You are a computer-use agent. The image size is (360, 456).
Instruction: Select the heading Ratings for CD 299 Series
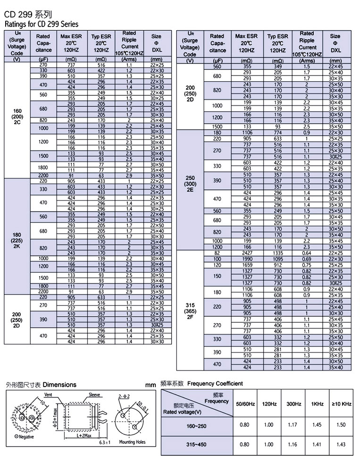(42, 24)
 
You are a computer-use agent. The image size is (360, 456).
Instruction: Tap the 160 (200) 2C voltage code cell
(17, 116)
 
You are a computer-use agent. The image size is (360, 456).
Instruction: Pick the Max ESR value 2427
(247, 253)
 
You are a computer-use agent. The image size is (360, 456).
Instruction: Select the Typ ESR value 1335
(278, 253)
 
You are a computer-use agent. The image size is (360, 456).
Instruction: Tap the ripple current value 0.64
(307, 253)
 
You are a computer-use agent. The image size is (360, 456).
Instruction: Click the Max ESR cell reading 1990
(247, 259)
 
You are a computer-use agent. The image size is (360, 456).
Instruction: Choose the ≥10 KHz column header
(342, 404)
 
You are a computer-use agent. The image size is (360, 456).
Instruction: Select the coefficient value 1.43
(342, 444)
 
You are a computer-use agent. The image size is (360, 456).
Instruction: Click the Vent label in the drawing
(48, 394)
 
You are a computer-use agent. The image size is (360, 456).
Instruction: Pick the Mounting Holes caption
(132, 442)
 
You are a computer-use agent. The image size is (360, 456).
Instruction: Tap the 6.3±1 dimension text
(105, 442)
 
